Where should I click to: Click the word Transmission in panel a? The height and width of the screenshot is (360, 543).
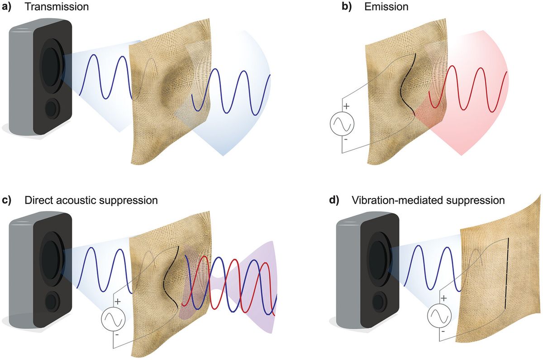pyautogui.click(x=57, y=8)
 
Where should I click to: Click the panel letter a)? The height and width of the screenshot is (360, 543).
pyautogui.click(x=9, y=8)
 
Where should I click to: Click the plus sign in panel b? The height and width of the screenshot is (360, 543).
pyautogui.click(x=347, y=106)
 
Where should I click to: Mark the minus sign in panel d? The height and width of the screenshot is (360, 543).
pyautogui.click(x=443, y=331)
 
